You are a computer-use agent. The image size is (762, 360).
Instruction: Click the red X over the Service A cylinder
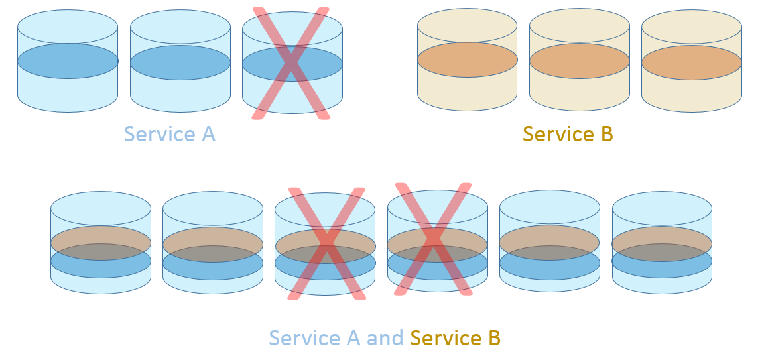coord(291,64)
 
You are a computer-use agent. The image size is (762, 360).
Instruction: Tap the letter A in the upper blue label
coord(208,134)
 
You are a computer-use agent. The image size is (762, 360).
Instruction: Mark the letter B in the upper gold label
coord(606,134)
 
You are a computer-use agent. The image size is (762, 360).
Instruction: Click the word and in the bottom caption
coord(385,338)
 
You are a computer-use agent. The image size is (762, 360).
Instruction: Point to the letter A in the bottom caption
coord(352,338)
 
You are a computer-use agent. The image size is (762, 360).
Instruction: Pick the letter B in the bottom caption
coord(493,338)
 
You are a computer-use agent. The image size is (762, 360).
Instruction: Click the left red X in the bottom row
coord(326,244)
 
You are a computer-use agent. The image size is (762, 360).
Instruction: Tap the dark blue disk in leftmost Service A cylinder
coord(68,61)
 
